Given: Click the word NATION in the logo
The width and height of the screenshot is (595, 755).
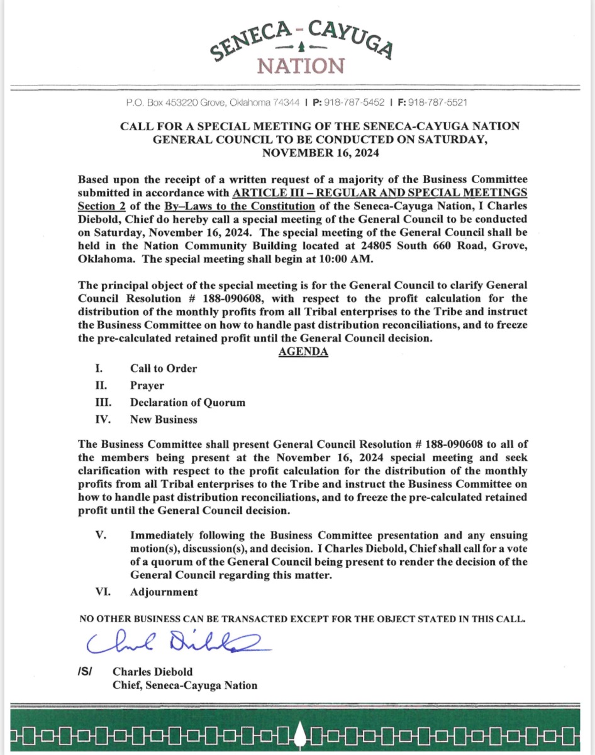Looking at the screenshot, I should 303,65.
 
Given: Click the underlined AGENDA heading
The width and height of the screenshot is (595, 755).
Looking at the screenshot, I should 303,352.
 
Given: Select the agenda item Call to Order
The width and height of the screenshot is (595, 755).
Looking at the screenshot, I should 164,369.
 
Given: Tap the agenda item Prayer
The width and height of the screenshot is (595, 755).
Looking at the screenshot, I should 147,386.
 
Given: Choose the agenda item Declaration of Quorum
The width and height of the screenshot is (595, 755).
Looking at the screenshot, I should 187,403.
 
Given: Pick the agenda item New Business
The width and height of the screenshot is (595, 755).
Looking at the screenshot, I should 164,420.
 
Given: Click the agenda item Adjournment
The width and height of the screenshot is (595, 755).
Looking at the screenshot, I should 164,592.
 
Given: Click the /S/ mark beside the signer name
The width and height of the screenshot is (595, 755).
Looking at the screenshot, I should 84,672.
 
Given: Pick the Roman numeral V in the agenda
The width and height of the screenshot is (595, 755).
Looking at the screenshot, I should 99,535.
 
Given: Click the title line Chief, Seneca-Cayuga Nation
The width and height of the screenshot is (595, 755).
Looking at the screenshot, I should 184,685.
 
